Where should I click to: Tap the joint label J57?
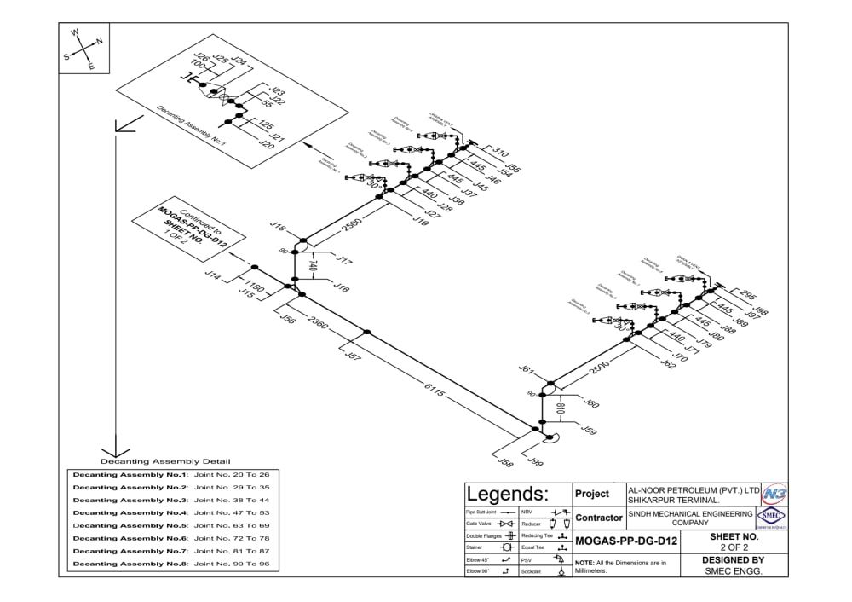click(352, 356)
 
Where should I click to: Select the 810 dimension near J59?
click(559, 408)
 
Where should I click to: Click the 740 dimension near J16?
click(313, 267)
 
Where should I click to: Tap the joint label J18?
click(278, 226)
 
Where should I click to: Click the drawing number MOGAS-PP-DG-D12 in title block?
click(626, 541)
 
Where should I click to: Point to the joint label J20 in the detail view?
click(266, 145)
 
